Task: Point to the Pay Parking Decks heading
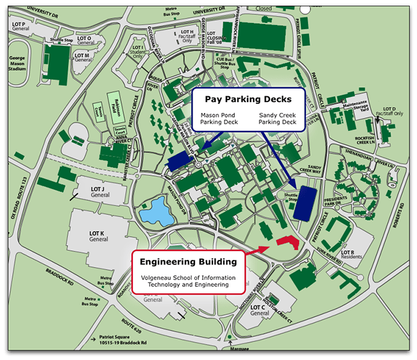pos(248,99)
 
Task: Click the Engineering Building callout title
pos(189,262)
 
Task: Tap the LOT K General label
pos(99,235)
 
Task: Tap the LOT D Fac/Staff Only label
pos(391,112)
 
